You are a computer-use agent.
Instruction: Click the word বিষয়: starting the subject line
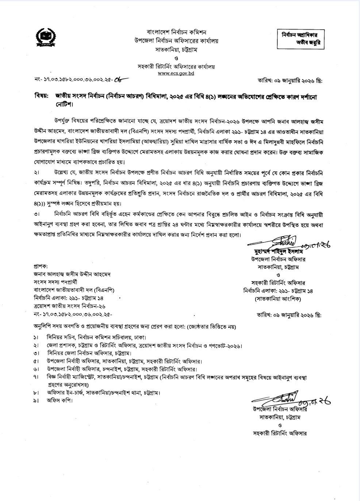(x=42, y=96)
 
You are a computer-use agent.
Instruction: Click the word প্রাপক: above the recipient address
(x=40, y=266)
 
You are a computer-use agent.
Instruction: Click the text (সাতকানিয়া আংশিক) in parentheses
(x=278, y=298)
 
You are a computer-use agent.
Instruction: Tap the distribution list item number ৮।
(x=36, y=393)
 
